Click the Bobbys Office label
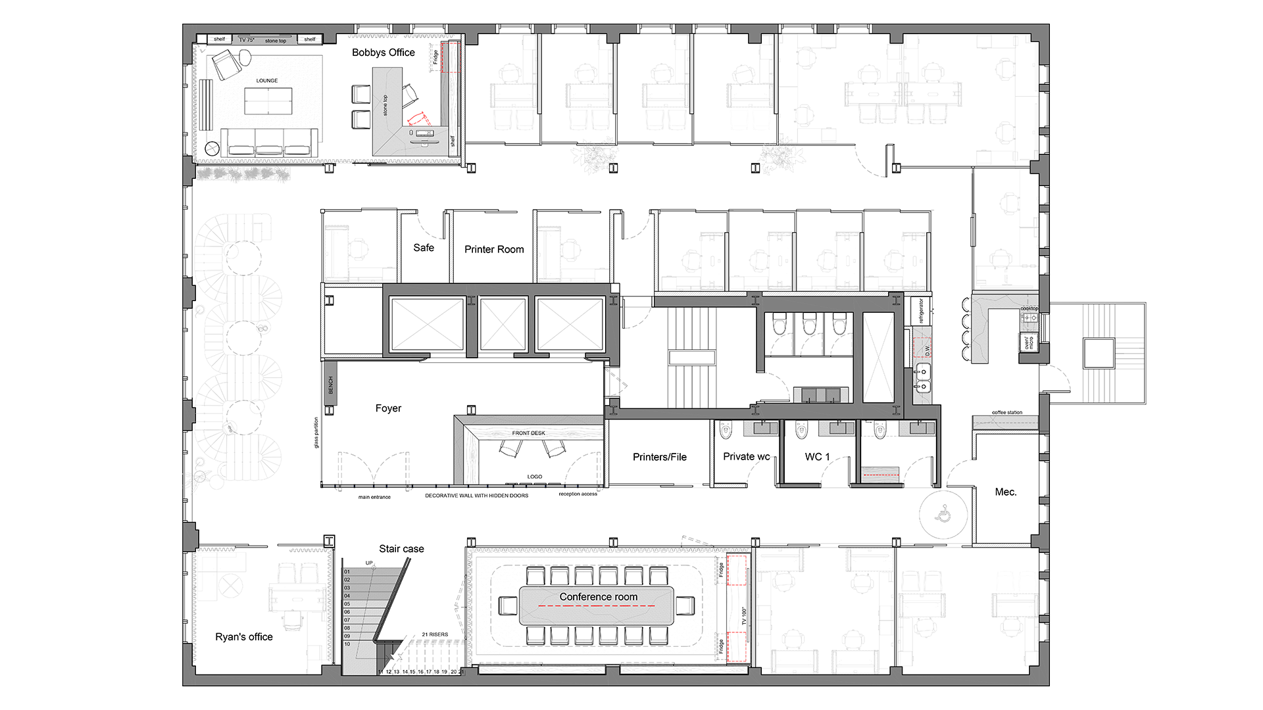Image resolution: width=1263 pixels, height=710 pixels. (x=383, y=53)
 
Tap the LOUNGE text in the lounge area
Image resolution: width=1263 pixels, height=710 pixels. (x=267, y=81)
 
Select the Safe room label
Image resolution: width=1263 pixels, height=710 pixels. (x=424, y=248)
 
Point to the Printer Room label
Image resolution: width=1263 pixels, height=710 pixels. (x=494, y=249)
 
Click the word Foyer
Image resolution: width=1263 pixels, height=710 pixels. (x=388, y=408)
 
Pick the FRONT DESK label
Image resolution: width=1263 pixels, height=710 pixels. (x=528, y=433)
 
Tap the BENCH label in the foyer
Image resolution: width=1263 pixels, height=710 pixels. (x=331, y=385)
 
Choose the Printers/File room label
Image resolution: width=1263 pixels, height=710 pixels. (x=659, y=457)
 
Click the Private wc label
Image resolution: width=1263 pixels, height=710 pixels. (x=746, y=456)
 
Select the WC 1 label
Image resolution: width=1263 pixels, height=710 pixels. (x=817, y=456)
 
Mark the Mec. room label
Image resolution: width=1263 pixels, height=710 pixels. (x=1005, y=492)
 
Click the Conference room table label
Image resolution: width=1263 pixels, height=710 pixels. (x=598, y=597)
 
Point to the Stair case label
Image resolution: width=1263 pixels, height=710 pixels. (x=401, y=549)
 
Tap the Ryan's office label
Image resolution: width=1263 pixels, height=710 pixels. (x=243, y=637)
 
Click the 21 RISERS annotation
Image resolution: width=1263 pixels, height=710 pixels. (x=435, y=634)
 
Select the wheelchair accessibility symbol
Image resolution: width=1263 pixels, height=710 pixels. (x=943, y=513)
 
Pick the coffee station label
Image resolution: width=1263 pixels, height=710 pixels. (x=1006, y=412)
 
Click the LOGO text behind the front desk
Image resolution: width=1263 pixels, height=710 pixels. (x=534, y=477)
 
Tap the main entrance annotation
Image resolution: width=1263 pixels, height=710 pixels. (x=374, y=497)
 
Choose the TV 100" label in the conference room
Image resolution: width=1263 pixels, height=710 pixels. (x=744, y=615)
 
